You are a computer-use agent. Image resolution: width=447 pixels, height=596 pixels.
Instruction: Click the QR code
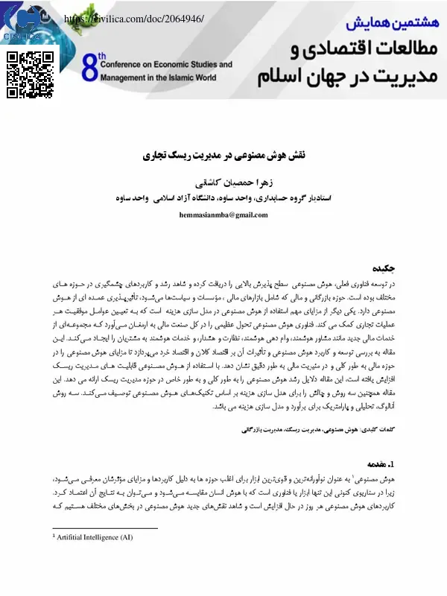[x=30, y=74]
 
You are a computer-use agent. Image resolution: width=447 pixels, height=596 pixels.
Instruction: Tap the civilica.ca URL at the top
[x=134, y=17]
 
